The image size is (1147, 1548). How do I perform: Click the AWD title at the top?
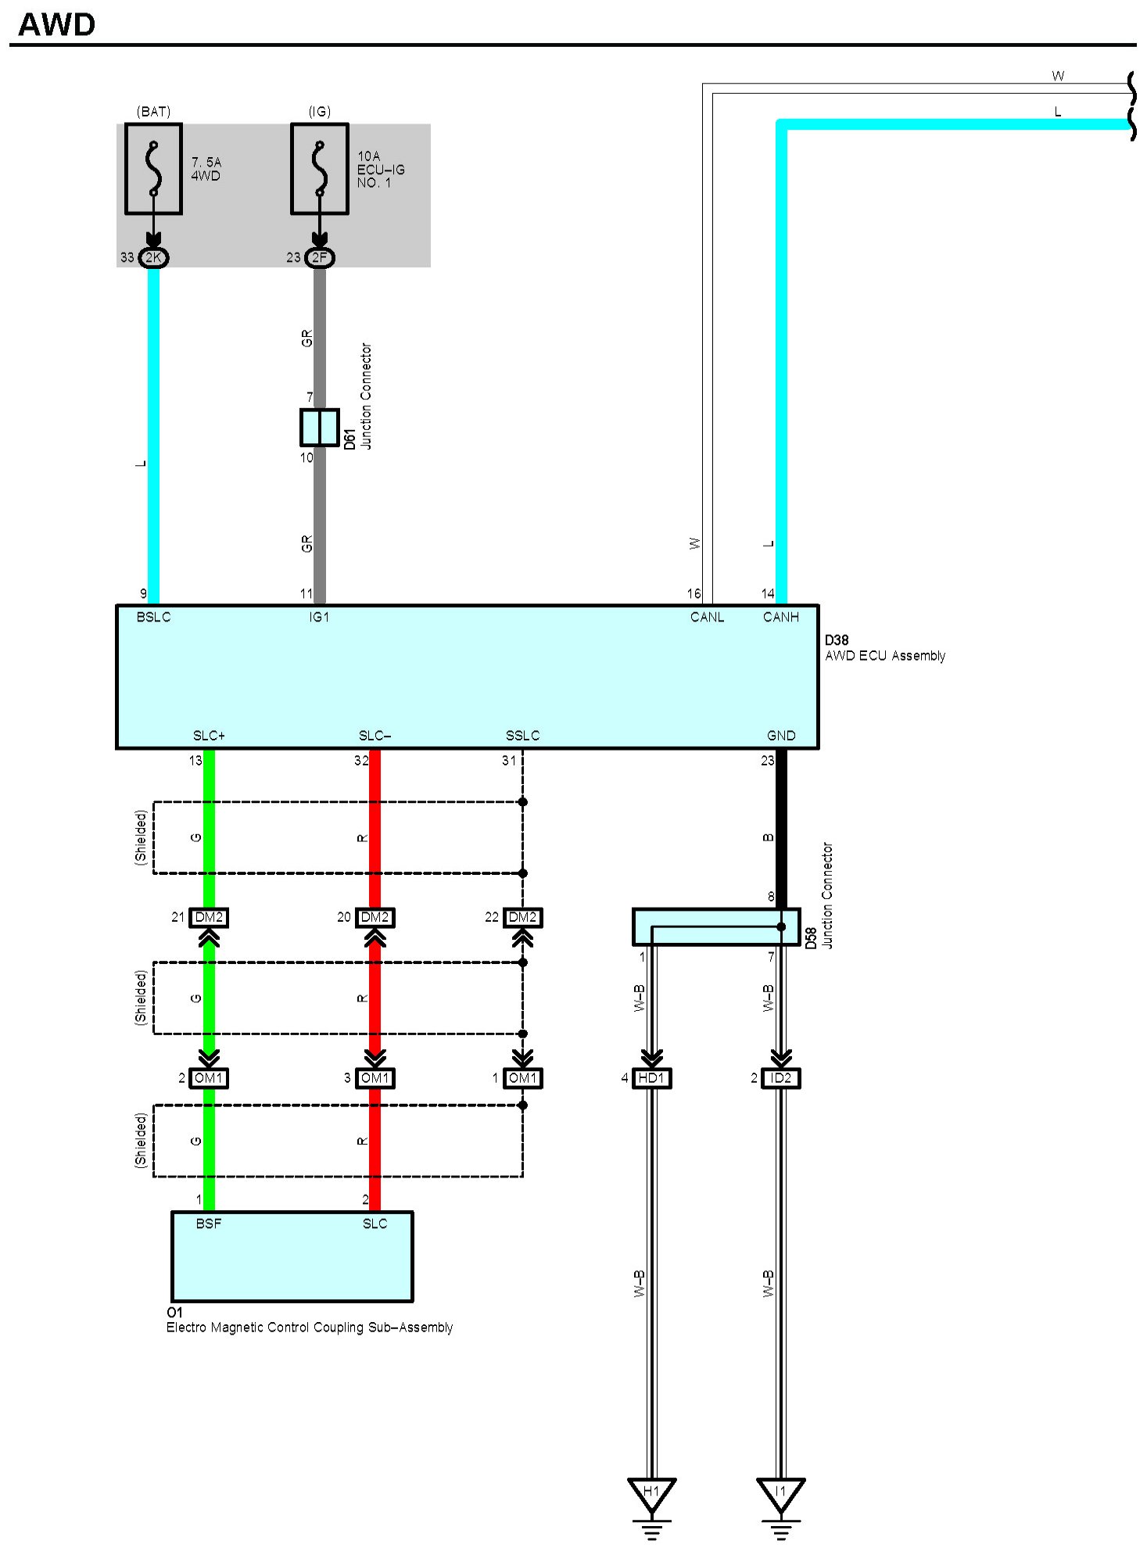(x=56, y=24)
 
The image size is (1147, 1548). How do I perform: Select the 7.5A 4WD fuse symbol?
(x=153, y=168)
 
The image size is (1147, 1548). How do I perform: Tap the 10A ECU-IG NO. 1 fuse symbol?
(x=319, y=168)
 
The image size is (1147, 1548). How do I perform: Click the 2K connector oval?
(x=153, y=257)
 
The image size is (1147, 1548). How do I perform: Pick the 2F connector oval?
(x=319, y=257)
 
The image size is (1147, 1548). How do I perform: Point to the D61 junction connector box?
(x=319, y=427)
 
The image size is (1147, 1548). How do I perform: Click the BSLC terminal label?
(x=153, y=618)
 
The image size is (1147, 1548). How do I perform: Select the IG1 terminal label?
(x=319, y=618)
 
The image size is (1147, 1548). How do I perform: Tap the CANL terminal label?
(x=707, y=618)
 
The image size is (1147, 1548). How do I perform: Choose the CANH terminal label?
(x=780, y=618)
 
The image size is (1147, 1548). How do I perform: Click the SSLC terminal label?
(x=522, y=736)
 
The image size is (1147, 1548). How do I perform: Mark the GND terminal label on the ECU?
(x=780, y=736)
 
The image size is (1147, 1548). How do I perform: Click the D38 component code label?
(x=837, y=640)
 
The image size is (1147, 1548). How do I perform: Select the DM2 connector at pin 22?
(x=522, y=917)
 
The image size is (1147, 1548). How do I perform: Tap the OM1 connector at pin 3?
(x=375, y=1078)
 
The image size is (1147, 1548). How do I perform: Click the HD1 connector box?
(x=651, y=1078)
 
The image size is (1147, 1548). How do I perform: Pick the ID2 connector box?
(x=780, y=1078)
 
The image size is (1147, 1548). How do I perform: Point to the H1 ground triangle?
(x=651, y=1492)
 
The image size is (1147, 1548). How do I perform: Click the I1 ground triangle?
(x=780, y=1492)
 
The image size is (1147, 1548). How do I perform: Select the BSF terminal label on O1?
(x=209, y=1224)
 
